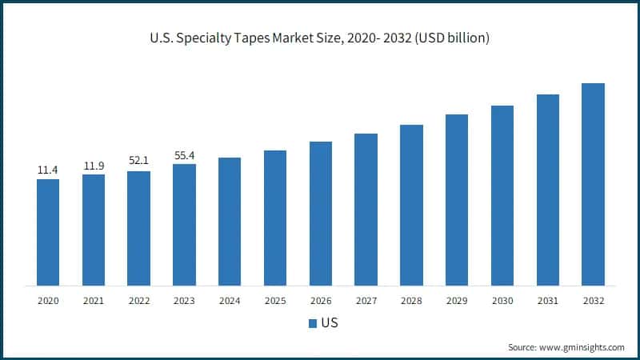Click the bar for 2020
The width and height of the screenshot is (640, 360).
[48, 232]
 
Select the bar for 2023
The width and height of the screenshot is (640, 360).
[184, 224]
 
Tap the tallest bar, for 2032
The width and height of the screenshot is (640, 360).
[593, 184]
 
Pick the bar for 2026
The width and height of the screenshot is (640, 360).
[321, 214]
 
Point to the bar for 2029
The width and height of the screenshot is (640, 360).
[457, 200]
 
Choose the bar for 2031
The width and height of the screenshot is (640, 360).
[548, 190]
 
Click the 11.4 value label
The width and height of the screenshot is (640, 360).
[48, 170]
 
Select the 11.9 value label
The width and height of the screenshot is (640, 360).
[94, 166]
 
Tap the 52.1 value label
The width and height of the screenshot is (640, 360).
[138, 162]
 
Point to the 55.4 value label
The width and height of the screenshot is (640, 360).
[184, 154]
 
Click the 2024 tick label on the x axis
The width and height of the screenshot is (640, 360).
[230, 301]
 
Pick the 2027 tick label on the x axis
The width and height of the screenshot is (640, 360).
[366, 301]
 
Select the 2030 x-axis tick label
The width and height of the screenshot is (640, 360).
[502, 301]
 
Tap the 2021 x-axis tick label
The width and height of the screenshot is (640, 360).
[94, 301]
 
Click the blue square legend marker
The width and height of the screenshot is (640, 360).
[312, 324]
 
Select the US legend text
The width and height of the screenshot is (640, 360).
[328, 324]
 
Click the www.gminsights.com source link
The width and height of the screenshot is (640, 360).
[583, 347]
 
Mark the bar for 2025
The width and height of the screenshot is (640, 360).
[275, 218]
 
